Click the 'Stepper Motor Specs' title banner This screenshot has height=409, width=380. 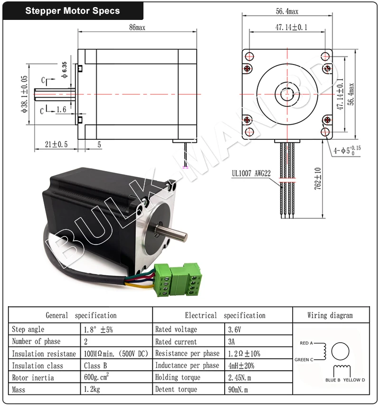point(72,11)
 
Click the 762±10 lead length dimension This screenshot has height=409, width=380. point(318,178)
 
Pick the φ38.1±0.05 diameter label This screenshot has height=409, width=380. point(24,95)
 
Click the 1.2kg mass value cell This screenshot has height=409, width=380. point(93,390)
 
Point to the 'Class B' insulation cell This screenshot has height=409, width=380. point(95,366)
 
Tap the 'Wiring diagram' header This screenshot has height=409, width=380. point(330,315)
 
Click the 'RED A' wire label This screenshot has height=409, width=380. point(306,343)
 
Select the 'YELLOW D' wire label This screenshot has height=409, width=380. point(354,380)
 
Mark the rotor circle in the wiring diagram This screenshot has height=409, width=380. point(340,352)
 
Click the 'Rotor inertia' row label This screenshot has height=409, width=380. point(33,378)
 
